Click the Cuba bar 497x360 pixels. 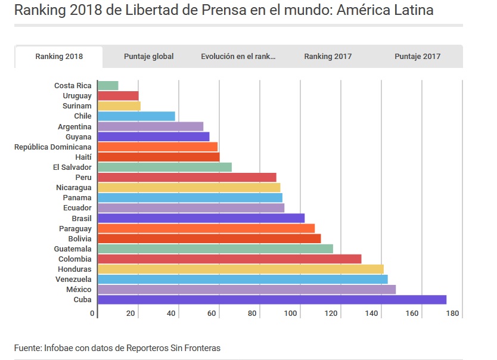272,300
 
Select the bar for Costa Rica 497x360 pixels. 108,86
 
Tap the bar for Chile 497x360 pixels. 136,116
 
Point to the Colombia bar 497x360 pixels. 229,259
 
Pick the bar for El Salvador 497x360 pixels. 164,167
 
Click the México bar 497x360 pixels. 247,290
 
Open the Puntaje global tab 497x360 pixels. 148,57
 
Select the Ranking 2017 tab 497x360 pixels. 328,57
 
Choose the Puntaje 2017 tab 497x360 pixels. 417,57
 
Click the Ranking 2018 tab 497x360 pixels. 59,57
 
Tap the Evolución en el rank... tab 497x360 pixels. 238,57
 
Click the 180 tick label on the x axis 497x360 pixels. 452,314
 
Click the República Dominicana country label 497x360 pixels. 53,147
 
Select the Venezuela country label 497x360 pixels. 73,279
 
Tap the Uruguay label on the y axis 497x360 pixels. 77,96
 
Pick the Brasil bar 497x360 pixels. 201,218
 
